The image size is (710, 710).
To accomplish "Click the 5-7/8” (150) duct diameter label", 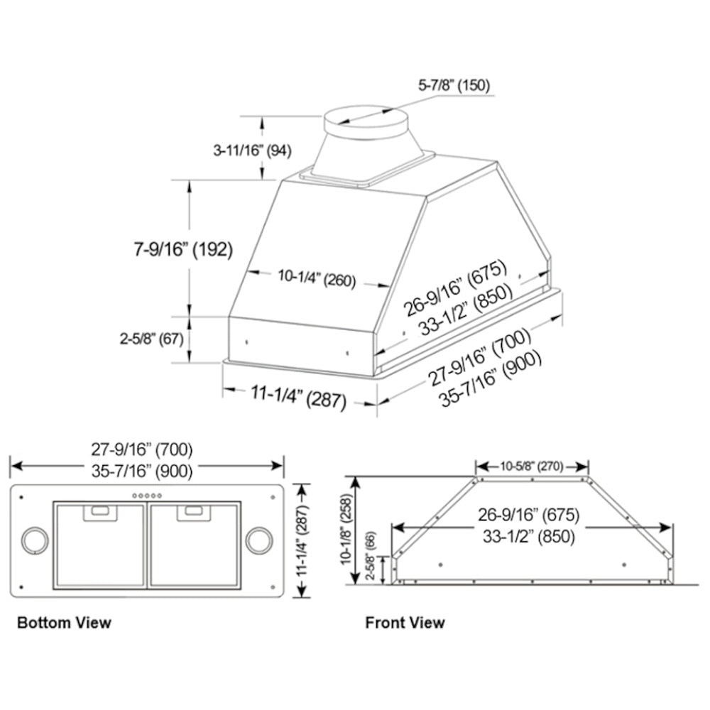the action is [454, 85].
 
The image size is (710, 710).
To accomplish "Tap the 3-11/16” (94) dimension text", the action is [252, 151].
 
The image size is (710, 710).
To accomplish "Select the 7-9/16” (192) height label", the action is [183, 249].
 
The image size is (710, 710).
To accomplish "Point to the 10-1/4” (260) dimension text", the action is [317, 278].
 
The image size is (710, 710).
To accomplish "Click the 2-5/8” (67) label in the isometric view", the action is [151, 339].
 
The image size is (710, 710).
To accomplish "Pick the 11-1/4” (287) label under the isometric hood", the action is [298, 398].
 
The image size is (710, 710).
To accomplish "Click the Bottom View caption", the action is [64, 623].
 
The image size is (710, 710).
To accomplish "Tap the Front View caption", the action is [405, 623].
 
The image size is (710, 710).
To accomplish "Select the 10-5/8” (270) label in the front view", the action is [532, 466].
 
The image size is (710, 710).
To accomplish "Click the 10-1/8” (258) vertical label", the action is [346, 529].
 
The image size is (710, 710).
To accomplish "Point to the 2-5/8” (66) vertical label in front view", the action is [371, 556].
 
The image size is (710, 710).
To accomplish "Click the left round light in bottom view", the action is [35, 540].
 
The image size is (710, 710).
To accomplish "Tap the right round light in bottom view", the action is [259, 540].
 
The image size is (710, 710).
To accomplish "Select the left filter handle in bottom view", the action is [100, 513].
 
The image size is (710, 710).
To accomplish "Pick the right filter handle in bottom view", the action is [193, 513].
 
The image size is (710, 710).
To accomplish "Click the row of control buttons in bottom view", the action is [147, 496].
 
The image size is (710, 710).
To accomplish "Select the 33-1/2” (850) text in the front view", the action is [528, 537].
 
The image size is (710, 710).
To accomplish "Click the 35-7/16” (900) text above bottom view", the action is [142, 471].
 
